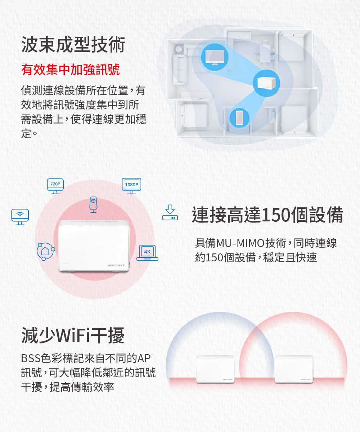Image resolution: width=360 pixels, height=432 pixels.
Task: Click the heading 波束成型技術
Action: [x=73, y=45]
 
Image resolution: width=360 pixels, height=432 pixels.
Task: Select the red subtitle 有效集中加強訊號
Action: [x=71, y=69]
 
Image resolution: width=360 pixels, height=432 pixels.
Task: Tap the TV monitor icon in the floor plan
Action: [x=215, y=57]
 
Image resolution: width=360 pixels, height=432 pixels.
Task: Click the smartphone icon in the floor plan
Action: [x=239, y=118]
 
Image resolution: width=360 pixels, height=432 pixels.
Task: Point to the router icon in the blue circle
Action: [x=266, y=83]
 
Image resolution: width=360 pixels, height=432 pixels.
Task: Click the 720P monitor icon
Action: [x=55, y=186]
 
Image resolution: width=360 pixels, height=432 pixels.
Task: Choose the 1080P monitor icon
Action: [x=132, y=186]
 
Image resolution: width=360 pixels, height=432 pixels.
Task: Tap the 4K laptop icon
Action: [x=147, y=253]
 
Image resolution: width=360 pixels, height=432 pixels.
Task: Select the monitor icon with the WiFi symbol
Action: [x=20, y=217]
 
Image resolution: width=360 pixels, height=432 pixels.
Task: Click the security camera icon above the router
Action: [x=93, y=204]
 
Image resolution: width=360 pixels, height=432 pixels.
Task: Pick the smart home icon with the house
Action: [x=46, y=251]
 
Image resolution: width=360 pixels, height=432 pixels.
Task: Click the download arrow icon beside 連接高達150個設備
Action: [x=170, y=212]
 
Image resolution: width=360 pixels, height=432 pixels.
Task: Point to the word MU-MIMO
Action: [x=240, y=243]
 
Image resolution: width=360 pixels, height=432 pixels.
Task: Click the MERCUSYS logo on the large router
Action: [x=116, y=265]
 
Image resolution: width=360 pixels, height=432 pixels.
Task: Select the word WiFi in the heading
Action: [x=73, y=336]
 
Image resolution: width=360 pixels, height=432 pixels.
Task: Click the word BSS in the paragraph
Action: [x=31, y=358]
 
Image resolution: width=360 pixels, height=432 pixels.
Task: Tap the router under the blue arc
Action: [x=215, y=369]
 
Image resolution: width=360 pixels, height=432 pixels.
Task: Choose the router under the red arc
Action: [x=294, y=369]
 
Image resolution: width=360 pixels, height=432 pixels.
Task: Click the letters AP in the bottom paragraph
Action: [x=144, y=358]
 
